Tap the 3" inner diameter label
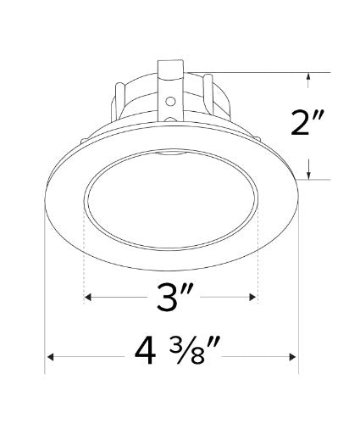click(174, 297)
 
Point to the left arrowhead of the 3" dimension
click(88, 297)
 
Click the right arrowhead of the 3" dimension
click(253, 297)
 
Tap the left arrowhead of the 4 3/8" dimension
click(50, 357)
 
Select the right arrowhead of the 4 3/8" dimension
click(292, 357)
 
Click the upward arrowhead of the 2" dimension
click(309, 76)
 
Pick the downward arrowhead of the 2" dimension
click(309, 176)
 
